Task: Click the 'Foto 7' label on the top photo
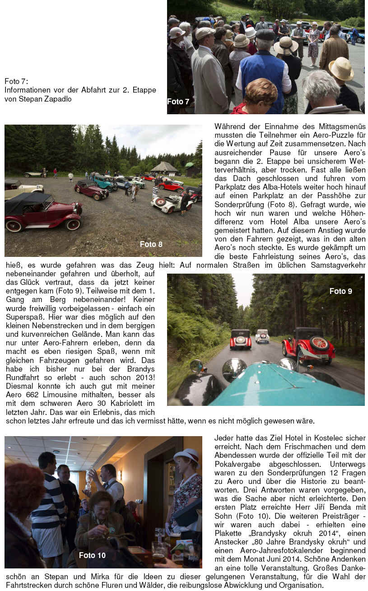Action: [x=178, y=102]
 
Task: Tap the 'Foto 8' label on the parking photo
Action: [x=151, y=244]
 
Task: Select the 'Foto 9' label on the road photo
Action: [x=340, y=291]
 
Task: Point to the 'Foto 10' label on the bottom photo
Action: [x=92, y=555]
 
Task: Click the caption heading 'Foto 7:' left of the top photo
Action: [x=16, y=81]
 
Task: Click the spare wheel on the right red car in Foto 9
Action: [x=320, y=344]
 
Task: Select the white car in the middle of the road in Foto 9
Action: [x=262, y=335]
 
